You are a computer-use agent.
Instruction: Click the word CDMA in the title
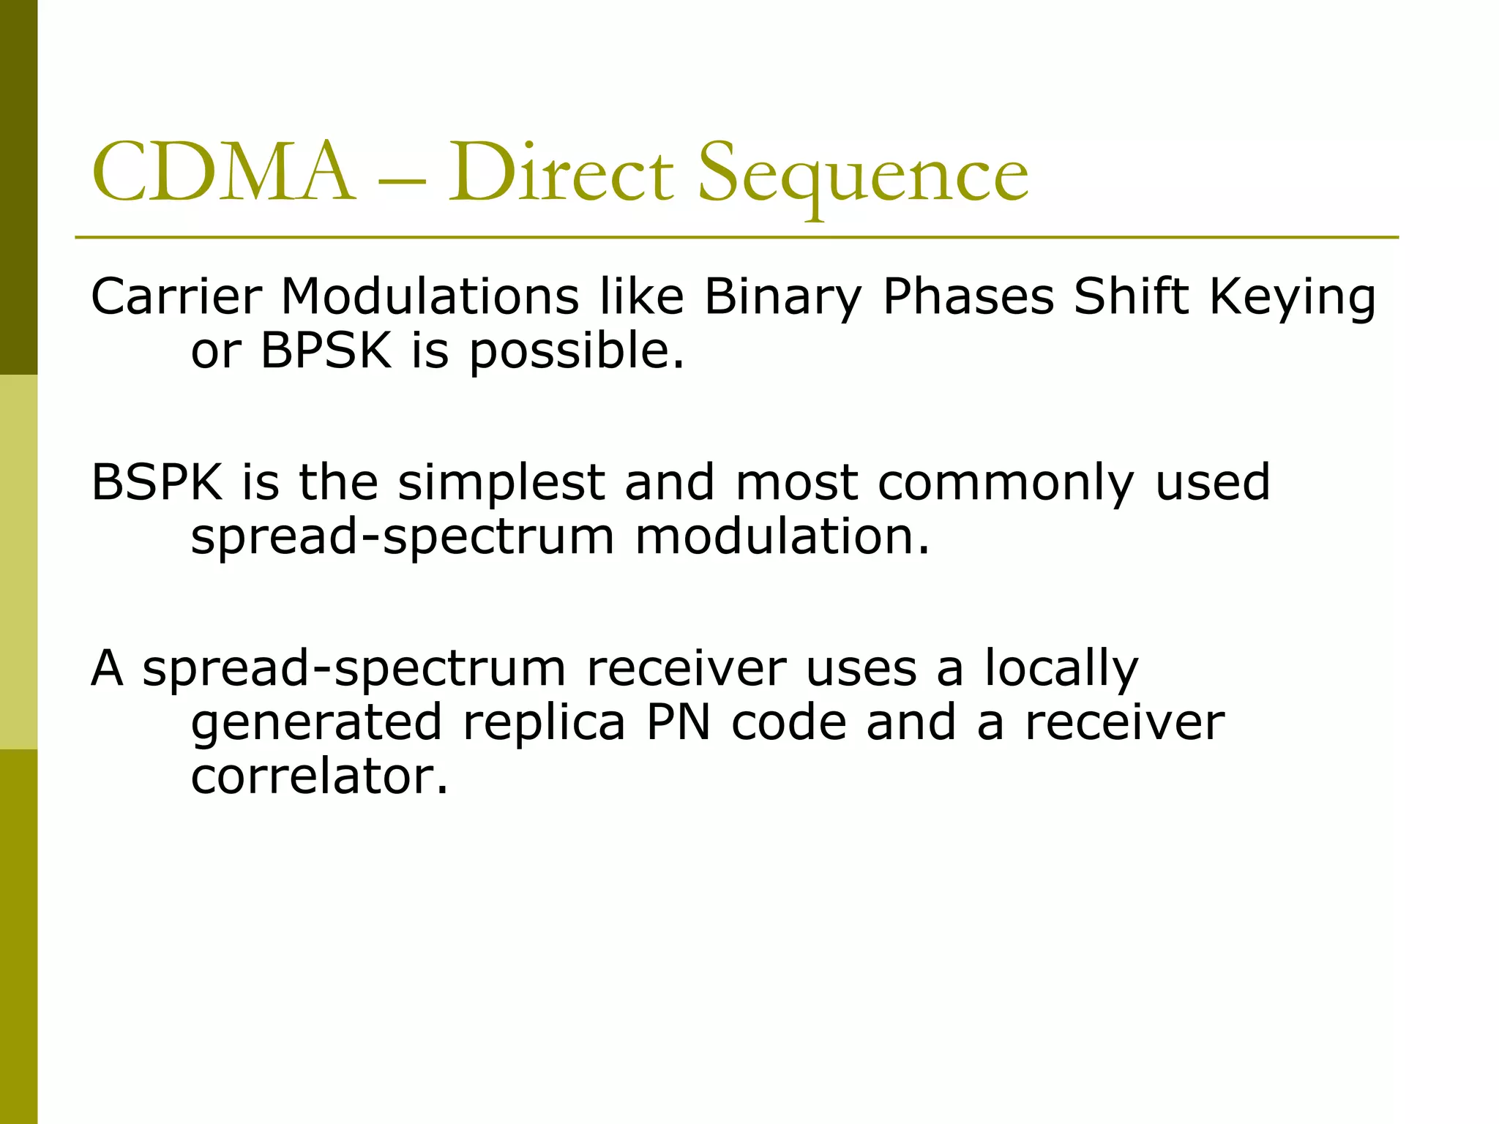[x=223, y=174]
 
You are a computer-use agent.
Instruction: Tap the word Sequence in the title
[x=863, y=176]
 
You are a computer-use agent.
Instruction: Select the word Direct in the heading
[x=560, y=174]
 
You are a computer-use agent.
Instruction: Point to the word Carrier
[x=176, y=296]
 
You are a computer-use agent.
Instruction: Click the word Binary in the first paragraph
[x=783, y=298]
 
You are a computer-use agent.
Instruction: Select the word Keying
[x=1293, y=298]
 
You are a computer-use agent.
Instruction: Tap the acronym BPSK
[x=326, y=351]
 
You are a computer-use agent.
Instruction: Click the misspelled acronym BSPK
[x=157, y=482]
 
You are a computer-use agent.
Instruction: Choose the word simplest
[x=501, y=484]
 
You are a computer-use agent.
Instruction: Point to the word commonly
[x=1006, y=484]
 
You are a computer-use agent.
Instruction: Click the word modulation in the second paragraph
[x=782, y=536]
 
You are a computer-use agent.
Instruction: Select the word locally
[x=1061, y=669]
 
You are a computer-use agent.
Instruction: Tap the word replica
[x=544, y=723]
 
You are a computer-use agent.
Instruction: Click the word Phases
[x=968, y=297]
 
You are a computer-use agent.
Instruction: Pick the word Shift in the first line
[x=1132, y=296]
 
